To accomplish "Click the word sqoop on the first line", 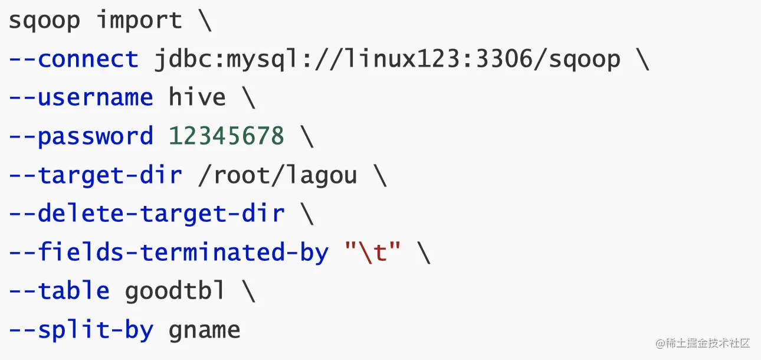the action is click(44, 21).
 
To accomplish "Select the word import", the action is click(139, 21).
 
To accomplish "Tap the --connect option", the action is click(73, 60).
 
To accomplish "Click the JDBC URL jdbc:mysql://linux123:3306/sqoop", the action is click(387, 60).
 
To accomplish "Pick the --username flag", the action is click(81, 98).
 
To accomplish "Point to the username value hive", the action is click(197, 98).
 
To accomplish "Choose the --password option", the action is click(81, 136).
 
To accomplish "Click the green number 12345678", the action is click(227, 136).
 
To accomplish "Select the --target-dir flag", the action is click(95, 175).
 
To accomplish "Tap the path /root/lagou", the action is click(277, 175).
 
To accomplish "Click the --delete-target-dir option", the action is click(146, 214).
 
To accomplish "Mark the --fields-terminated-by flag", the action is click(168, 253).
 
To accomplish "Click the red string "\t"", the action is click(373, 253).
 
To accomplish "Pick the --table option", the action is click(59, 291).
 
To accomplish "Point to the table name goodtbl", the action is click(175, 291).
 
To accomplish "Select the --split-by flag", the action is click(81, 330).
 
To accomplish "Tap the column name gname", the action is click(205, 330).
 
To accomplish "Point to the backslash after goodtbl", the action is click(248, 291).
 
